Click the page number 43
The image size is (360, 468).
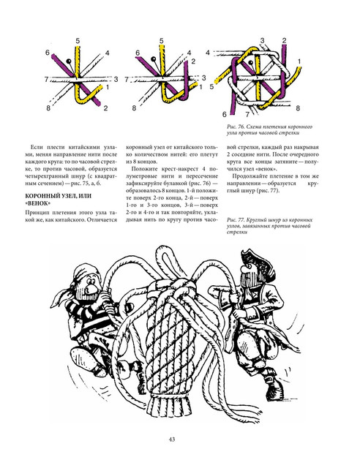pyautogui.click(x=172, y=439)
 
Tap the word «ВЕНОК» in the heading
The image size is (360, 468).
pyautogui.click(x=38, y=203)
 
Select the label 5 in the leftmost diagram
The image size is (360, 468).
pyautogui.click(x=78, y=41)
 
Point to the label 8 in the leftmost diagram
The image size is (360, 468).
pyautogui.click(x=48, y=107)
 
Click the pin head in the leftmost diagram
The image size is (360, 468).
pyautogui.click(x=69, y=61)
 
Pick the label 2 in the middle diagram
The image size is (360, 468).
pyautogui.click(x=193, y=61)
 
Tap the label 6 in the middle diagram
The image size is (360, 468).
pyautogui.click(x=138, y=53)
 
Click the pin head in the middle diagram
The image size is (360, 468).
pyautogui.click(x=154, y=58)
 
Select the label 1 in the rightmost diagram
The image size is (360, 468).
pyautogui.click(x=299, y=61)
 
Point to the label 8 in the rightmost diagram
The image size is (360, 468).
pyautogui.click(x=298, y=108)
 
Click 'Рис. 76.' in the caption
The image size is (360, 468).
pyautogui.click(x=236, y=127)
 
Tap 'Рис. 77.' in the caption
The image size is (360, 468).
pyautogui.click(x=236, y=220)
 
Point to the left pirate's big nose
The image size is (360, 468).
pyautogui.click(x=91, y=287)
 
